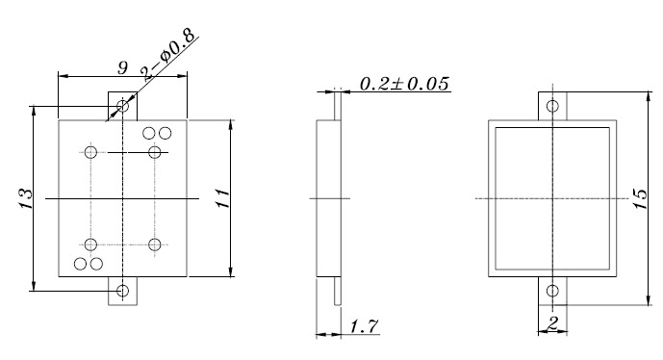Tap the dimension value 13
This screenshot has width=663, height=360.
(26, 199)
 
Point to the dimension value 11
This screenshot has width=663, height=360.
(220, 199)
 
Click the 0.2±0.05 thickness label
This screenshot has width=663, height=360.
(404, 84)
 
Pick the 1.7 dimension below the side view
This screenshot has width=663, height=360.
(362, 327)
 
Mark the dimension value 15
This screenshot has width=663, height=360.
(640, 199)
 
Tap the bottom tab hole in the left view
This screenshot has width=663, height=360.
(122, 290)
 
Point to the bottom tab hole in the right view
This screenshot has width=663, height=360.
(551, 291)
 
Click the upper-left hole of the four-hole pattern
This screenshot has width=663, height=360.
(91, 153)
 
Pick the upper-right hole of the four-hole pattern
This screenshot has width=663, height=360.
(154, 153)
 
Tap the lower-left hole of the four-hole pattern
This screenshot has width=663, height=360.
(91, 244)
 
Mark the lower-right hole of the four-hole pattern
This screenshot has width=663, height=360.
(154, 244)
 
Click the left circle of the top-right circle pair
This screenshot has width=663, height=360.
(150, 133)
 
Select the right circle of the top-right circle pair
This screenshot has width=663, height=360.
(165, 133)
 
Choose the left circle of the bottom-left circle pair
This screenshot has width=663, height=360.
(82, 263)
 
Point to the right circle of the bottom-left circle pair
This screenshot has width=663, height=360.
(96, 263)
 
